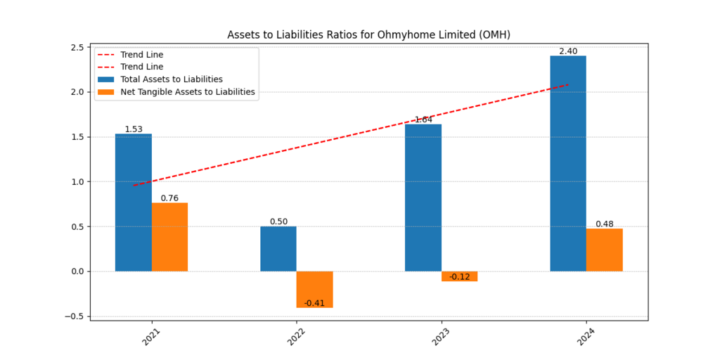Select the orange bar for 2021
169,237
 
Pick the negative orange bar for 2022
314,289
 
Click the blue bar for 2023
423,198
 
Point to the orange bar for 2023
460,276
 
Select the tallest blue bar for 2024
568,163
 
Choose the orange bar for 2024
605,250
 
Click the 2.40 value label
568,51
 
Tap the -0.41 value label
314,303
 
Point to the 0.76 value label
169,198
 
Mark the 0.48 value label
605,224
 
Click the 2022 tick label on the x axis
296,336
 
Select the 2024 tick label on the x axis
586,336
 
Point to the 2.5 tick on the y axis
77,47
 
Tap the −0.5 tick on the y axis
75,316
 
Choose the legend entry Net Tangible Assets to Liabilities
187,91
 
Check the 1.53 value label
133,129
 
